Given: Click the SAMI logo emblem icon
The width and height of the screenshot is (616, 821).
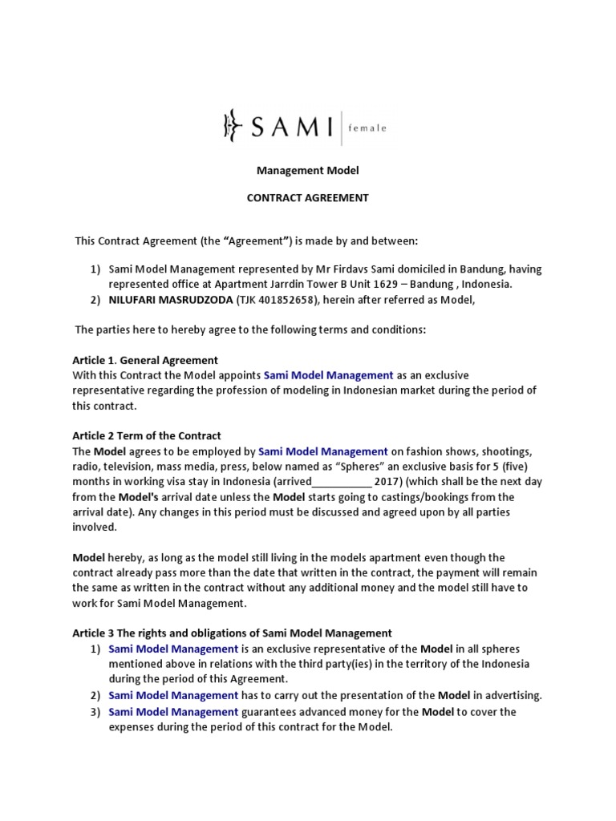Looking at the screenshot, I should point(231,125).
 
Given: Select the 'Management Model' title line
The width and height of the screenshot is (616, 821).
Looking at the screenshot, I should point(308,171).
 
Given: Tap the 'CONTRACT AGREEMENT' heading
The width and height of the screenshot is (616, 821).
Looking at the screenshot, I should point(308,198).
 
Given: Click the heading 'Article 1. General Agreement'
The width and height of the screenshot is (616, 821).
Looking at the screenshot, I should point(145,360).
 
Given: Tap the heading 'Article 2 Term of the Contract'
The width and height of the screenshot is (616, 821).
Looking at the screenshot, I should point(147,435).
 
